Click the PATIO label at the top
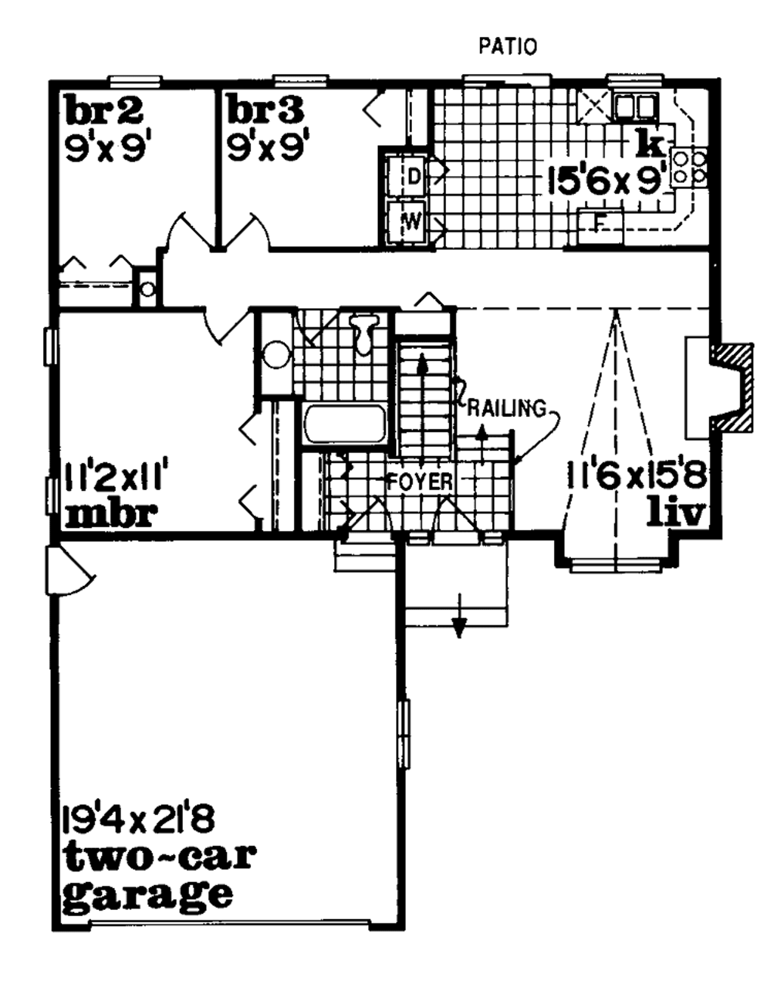508,47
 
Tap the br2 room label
104,111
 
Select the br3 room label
265,111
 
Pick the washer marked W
407,221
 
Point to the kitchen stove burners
689,167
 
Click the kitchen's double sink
633,106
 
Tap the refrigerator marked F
600,224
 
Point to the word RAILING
506,409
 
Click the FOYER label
420,481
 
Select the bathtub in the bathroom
345,426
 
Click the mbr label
111,514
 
